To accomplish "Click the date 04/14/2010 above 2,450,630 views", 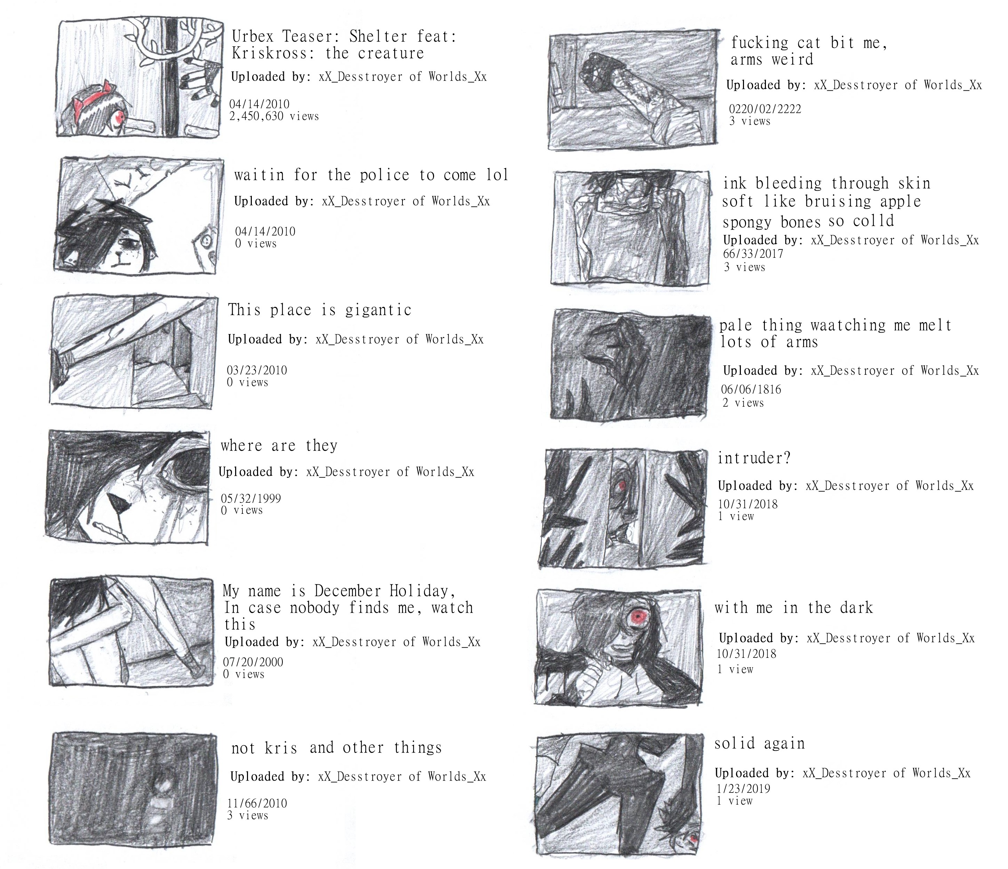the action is [259, 104].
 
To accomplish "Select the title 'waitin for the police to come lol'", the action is [371, 175].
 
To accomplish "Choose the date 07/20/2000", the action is [253, 662].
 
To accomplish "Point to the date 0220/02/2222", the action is [765, 109].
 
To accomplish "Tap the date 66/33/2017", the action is [753, 254].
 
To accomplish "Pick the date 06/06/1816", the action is [751, 390].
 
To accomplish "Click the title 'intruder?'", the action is [754, 458].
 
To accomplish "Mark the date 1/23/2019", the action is [743, 789].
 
